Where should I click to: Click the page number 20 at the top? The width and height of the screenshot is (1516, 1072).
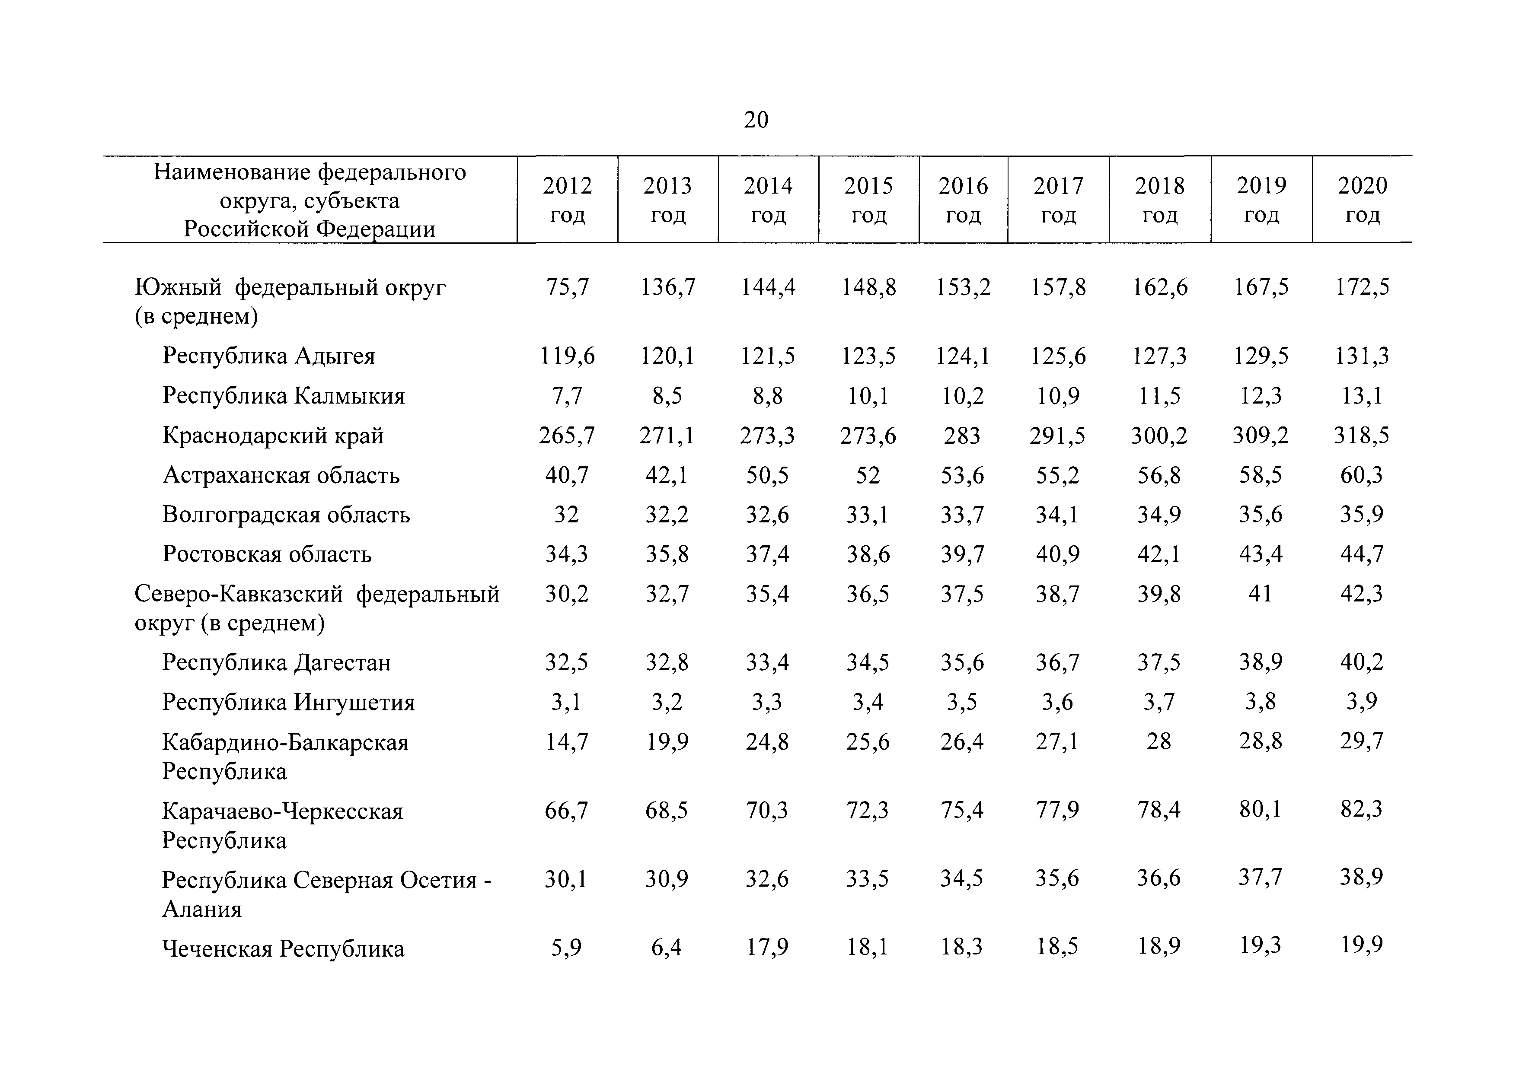tap(756, 120)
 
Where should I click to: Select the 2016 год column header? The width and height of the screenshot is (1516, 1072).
tap(964, 200)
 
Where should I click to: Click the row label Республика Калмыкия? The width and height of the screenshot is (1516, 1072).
tap(283, 396)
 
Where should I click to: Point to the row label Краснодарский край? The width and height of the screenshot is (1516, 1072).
tap(273, 436)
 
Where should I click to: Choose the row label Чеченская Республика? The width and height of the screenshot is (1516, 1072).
tap(283, 948)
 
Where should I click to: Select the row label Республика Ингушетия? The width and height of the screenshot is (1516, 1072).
tap(288, 702)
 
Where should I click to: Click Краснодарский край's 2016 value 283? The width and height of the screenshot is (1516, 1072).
tap(963, 436)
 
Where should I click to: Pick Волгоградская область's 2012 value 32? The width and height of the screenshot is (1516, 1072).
tap(567, 514)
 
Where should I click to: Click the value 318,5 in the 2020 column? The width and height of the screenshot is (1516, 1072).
tap(1362, 436)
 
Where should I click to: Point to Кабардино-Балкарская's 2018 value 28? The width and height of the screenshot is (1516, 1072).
tap(1159, 741)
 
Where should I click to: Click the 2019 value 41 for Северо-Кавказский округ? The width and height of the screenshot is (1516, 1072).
tap(1261, 593)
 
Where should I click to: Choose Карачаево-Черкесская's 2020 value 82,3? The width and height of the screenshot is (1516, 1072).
tap(1362, 809)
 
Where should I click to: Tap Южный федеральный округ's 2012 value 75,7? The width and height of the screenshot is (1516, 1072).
tap(567, 287)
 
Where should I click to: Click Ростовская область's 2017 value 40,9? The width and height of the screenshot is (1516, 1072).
tap(1058, 554)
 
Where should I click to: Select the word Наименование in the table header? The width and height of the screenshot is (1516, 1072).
tap(233, 172)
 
